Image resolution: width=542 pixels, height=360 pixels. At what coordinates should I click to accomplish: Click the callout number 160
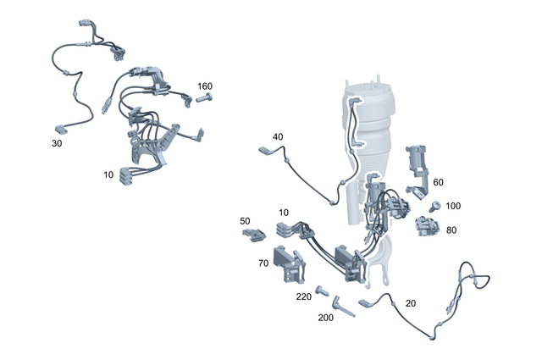205,86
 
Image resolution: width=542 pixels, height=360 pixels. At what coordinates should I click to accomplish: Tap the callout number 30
57,144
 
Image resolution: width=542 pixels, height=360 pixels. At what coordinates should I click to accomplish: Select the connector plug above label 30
60,129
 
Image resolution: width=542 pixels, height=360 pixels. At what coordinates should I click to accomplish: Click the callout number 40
278,137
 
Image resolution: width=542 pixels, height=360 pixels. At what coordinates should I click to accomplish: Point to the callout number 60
438,182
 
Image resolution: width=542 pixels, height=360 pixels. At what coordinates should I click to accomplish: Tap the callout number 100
453,206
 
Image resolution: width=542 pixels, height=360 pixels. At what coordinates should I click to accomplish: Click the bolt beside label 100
435,206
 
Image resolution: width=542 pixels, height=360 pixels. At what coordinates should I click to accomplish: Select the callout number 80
451,229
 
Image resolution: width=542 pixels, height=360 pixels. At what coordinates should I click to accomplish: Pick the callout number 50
246,221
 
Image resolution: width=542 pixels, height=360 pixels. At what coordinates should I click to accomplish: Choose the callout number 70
263,263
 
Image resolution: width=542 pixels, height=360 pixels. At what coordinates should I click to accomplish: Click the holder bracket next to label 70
288,263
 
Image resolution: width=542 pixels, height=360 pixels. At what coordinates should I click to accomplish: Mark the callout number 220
303,297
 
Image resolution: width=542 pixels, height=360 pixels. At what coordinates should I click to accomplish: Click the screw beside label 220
324,291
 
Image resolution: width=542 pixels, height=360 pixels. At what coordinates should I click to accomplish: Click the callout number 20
411,303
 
